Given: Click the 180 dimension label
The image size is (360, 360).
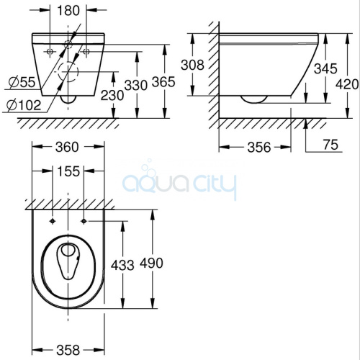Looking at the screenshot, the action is tap(68, 11).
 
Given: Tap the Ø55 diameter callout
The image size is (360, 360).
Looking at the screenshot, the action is tap(22, 82).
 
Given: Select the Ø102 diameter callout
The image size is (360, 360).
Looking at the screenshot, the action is tap(24, 105).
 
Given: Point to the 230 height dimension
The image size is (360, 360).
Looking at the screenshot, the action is tap(112, 96).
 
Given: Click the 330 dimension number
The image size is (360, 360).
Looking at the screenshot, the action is tap(135, 86).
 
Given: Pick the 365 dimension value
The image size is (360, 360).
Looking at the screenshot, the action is tap(163, 82).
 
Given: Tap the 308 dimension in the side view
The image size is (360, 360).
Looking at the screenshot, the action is tap(192, 65).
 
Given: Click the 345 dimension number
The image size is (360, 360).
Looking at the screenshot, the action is tap(325, 68).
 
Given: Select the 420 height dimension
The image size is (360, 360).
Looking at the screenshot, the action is tap(347, 84).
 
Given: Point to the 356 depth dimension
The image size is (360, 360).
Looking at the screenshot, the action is tap(259, 147).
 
